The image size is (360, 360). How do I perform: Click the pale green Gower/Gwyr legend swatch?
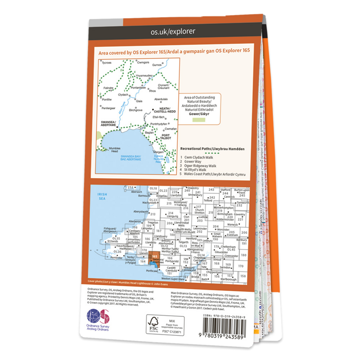(200, 121)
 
